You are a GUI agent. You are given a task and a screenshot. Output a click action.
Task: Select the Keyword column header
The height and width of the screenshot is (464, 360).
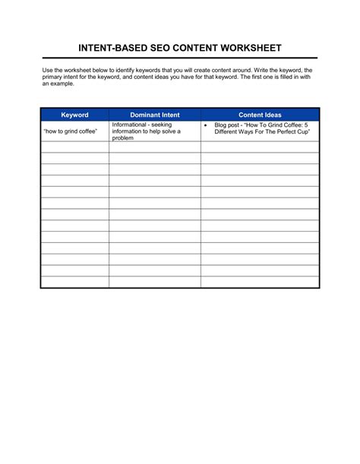(x=74, y=115)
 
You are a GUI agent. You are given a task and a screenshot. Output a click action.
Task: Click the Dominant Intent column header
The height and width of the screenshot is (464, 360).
(x=155, y=115)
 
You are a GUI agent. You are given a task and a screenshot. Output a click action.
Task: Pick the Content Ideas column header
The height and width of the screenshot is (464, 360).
(x=260, y=115)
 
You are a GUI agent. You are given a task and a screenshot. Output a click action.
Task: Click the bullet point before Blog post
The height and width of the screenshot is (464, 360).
(x=207, y=125)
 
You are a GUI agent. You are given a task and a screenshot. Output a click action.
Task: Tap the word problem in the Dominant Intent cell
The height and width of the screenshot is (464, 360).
(x=122, y=138)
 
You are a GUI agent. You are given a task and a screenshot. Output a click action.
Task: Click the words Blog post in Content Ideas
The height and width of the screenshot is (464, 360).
(x=227, y=125)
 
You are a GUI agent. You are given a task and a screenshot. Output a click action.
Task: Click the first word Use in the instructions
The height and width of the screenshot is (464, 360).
(x=47, y=70)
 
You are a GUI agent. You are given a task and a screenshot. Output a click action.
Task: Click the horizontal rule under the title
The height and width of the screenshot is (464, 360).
(x=180, y=58)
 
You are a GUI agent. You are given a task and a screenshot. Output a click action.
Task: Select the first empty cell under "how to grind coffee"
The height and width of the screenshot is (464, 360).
(x=74, y=147)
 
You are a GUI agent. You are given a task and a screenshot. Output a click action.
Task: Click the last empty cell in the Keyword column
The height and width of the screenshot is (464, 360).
(x=74, y=282)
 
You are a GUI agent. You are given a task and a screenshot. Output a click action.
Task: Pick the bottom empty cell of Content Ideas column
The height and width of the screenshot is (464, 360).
(x=260, y=282)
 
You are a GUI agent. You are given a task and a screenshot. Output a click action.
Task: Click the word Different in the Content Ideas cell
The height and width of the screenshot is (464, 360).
(x=229, y=132)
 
